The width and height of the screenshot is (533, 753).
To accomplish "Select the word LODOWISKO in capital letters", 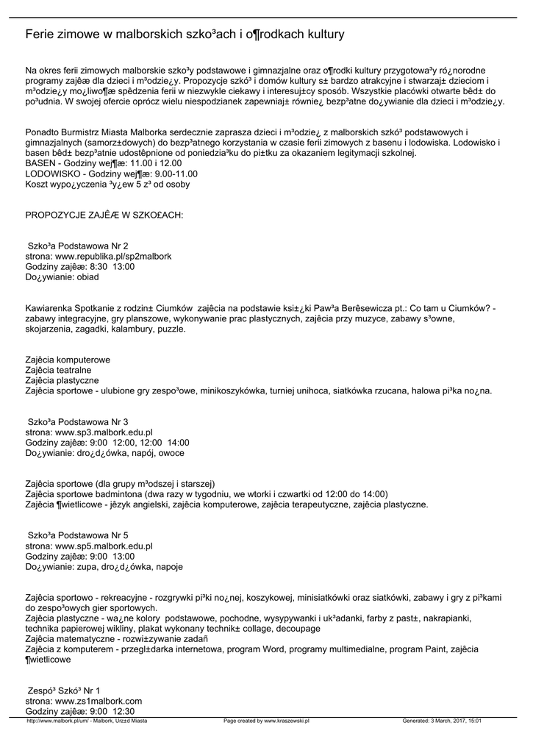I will click(x=54, y=174).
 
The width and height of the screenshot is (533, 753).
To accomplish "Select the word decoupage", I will click(x=294, y=629).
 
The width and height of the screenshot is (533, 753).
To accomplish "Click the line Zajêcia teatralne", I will click(x=58, y=370).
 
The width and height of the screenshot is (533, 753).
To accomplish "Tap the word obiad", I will click(x=85, y=277).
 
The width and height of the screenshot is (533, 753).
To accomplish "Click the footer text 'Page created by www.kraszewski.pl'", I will click(x=266, y=721).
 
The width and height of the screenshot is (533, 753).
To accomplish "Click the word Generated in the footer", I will click(x=416, y=721).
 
